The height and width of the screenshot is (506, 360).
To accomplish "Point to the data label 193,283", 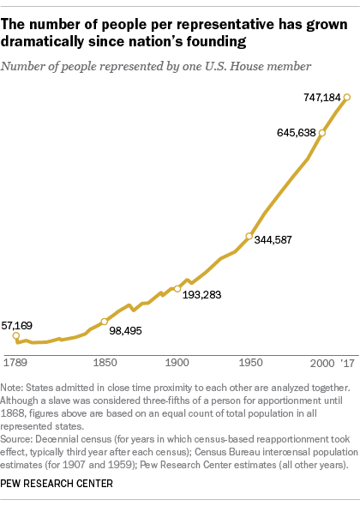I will tap(204, 294).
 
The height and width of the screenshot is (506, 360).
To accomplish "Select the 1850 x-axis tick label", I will tap(104, 361).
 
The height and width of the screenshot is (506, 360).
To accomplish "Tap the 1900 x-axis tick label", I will tap(177, 361).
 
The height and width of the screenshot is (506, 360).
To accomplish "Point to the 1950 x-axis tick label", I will tap(249, 361).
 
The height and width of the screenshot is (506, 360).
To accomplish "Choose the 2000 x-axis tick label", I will tap(321, 361).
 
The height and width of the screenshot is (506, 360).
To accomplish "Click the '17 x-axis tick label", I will tap(346, 361).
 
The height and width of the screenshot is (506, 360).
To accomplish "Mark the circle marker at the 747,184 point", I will tap(347, 97).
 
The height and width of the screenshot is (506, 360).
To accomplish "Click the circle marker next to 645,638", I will tap(322, 133).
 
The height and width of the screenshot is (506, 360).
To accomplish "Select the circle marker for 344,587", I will tap(249, 236).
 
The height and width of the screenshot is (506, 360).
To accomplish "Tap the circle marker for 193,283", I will tap(177, 289).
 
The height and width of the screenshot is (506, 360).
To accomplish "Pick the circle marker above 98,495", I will tap(104, 322).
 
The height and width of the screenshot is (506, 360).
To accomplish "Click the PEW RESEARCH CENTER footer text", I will tap(58, 484).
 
